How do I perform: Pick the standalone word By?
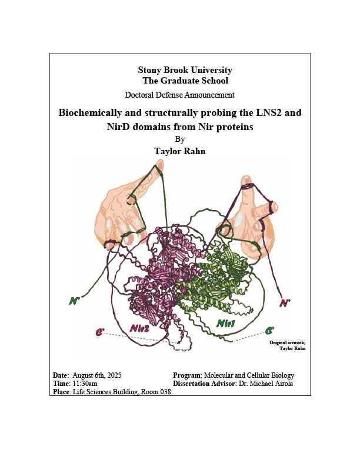click(179, 139)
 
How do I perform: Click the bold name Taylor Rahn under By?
click(179, 151)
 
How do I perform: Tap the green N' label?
click(74, 301)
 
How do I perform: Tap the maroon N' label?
click(285, 303)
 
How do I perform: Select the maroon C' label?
click(100, 332)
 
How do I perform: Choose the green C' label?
click(269, 331)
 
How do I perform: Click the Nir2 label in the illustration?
click(139, 328)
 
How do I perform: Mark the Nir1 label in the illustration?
click(225, 324)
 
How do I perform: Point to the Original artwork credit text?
click(288, 345)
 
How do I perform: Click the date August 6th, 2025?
click(97, 375)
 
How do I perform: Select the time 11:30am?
click(85, 384)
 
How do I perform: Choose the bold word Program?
click(187, 375)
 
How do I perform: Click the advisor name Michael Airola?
click(271, 384)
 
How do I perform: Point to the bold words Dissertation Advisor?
click(204, 384)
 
